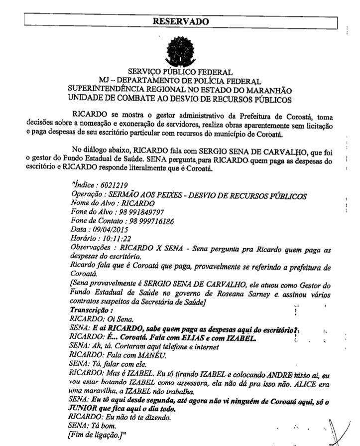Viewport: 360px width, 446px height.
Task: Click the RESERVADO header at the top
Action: pyautogui.click(x=180, y=21)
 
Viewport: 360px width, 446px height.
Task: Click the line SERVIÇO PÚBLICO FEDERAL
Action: pyautogui.click(x=180, y=73)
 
